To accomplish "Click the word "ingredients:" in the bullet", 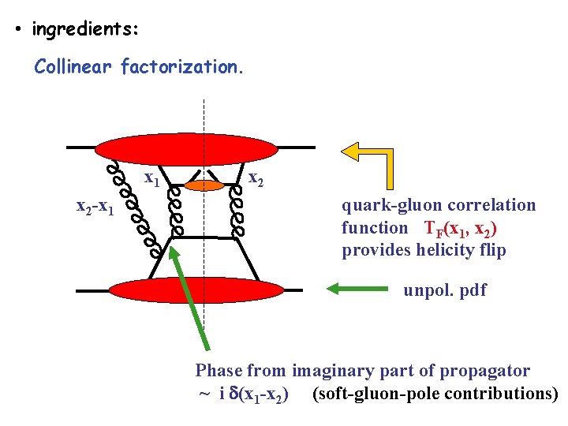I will (85, 30).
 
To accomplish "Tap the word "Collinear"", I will (74, 67).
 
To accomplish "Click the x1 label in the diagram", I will (151, 179).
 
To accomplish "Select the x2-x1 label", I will (94, 207).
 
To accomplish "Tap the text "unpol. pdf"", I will (445, 290).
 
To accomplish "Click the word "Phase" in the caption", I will (219, 371).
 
